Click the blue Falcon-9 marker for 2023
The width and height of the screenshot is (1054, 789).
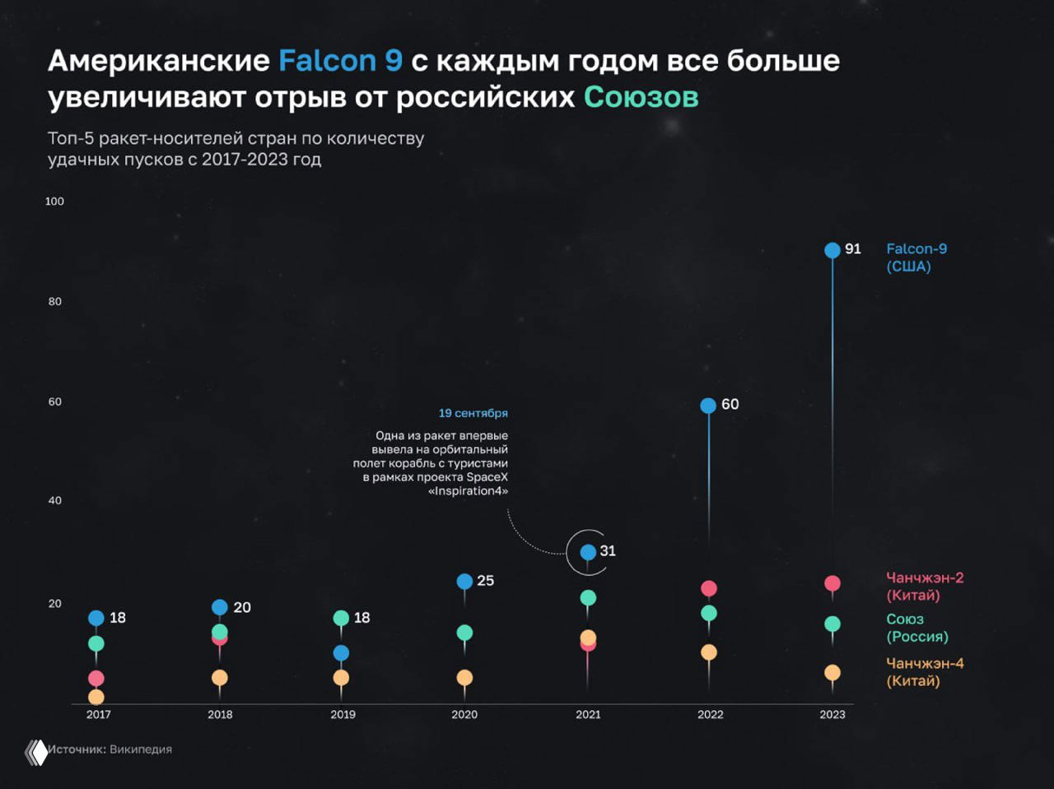832,250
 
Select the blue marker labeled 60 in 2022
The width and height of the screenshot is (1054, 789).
708,406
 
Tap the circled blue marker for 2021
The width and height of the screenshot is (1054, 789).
588,552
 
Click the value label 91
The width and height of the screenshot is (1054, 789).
853,248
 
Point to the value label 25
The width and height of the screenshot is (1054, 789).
486,581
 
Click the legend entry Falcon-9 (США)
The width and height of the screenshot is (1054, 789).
916,258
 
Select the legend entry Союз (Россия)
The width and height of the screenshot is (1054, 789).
916,628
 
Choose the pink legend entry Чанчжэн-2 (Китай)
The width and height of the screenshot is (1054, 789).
924,587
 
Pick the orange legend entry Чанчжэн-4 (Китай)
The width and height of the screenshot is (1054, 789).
924,672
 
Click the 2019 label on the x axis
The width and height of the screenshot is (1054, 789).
343,714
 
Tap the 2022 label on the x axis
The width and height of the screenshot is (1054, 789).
710,714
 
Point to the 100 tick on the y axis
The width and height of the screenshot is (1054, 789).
54,202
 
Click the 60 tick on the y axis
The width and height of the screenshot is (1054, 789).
54,401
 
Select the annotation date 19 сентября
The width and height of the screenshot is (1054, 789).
473,413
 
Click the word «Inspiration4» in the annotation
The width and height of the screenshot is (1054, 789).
468,491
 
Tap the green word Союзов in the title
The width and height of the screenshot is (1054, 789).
641,97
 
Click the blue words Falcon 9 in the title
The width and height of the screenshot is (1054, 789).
340,61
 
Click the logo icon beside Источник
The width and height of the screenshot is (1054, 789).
36,752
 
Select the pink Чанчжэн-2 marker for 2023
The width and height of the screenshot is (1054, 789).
832,583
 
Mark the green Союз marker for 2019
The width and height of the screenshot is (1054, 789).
341,618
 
